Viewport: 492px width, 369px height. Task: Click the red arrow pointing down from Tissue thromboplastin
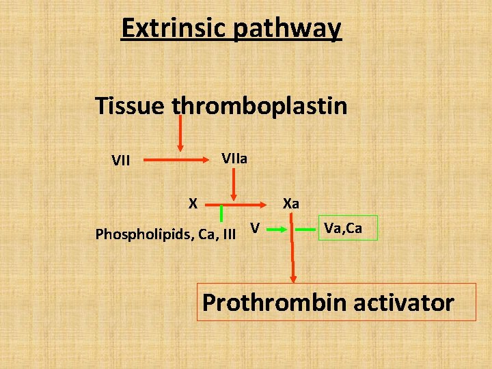[x=180, y=133]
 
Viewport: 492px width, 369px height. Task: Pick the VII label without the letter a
[x=121, y=161]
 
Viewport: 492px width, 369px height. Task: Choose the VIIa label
[x=234, y=159]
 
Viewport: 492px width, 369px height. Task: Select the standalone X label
[x=193, y=203]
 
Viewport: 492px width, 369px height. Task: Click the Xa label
[x=291, y=204]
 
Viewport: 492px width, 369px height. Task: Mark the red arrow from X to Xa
[x=239, y=204]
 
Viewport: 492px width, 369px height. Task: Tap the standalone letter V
[x=254, y=228]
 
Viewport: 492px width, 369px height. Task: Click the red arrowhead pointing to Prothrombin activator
[x=294, y=277]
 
